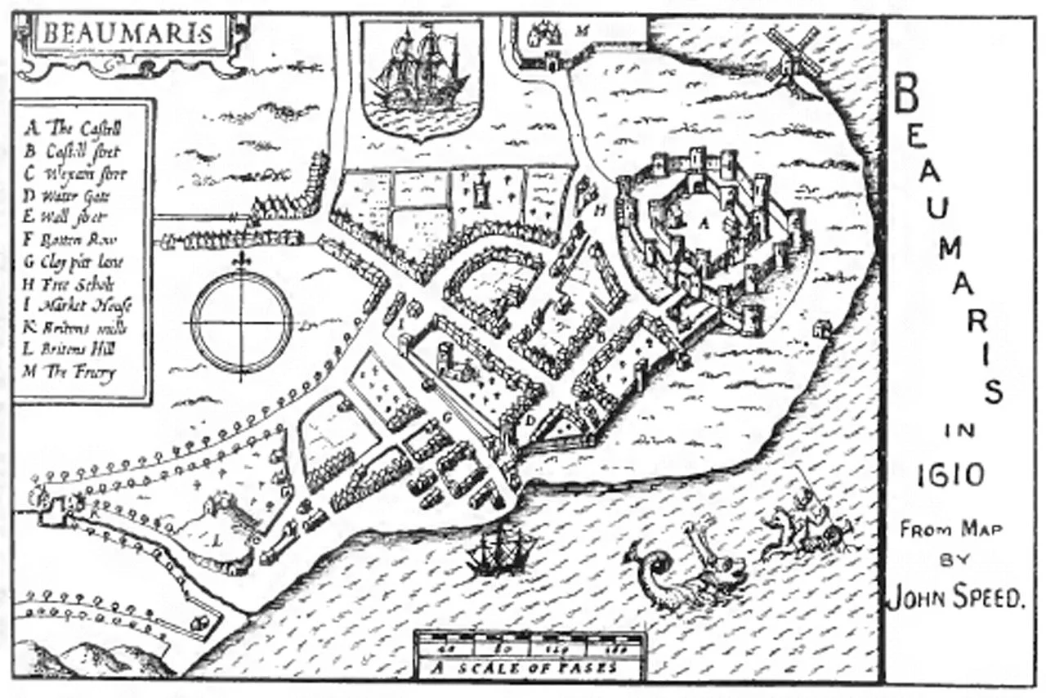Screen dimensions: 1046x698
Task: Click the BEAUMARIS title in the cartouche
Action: point(127,35)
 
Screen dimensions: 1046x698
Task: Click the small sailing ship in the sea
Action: point(498,549)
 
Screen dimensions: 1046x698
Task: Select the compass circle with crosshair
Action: point(242,322)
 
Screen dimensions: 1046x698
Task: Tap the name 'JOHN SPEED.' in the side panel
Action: point(955,598)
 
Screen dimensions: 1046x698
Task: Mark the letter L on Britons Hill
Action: point(217,540)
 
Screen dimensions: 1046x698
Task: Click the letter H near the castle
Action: point(601,210)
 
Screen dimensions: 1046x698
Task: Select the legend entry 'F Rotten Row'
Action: point(75,240)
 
